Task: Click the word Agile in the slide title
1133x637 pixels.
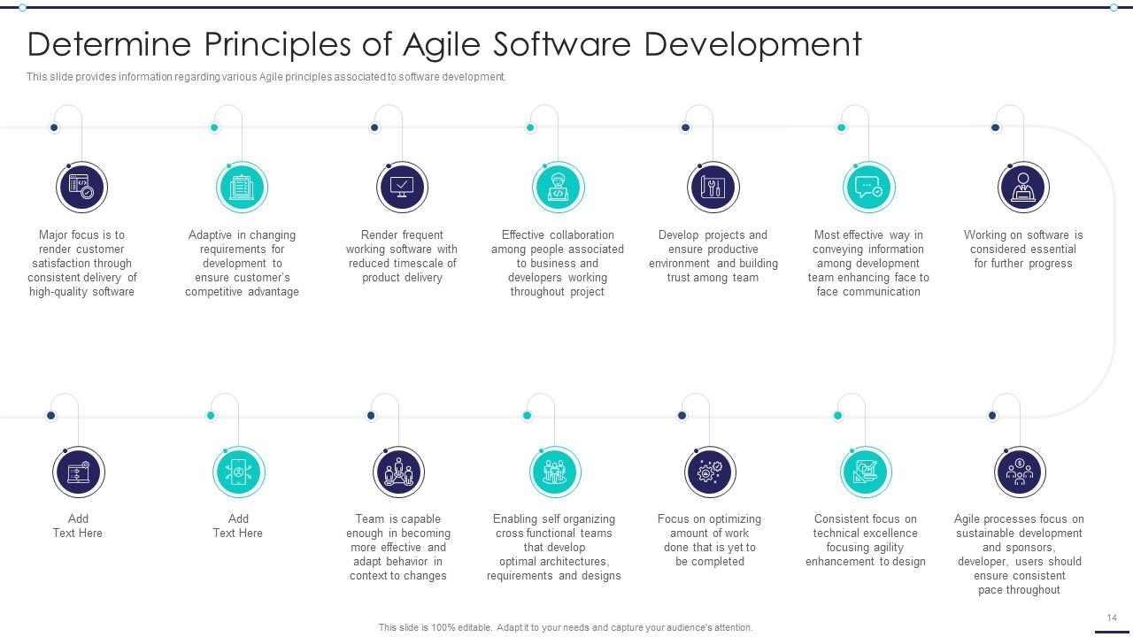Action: (x=442, y=44)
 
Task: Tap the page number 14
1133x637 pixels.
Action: (x=1112, y=618)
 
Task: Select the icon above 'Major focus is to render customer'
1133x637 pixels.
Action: (x=81, y=188)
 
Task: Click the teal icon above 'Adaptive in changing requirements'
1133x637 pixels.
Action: (x=242, y=188)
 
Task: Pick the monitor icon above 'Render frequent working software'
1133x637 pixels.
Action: (x=402, y=188)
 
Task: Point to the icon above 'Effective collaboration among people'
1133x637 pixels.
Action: (x=558, y=188)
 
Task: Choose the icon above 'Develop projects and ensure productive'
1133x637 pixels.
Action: (x=713, y=188)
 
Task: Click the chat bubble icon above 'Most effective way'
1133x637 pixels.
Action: (x=868, y=188)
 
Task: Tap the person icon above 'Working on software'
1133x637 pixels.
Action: (x=1023, y=188)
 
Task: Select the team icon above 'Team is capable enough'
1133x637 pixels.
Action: (x=398, y=472)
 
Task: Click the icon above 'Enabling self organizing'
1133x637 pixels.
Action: (x=554, y=472)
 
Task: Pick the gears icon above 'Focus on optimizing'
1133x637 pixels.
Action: (x=709, y=472)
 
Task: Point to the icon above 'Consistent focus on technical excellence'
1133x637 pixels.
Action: (x=865, y=472)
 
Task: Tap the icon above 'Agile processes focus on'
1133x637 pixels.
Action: (x=1020, y=472)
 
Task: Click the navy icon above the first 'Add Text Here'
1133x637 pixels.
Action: (x=78, y=472)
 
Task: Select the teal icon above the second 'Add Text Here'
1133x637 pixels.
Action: (x=238, y=472)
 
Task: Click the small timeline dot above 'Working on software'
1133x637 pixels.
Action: (x=995, y=127)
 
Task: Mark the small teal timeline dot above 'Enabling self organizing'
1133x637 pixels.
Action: (x=527, y=416)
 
